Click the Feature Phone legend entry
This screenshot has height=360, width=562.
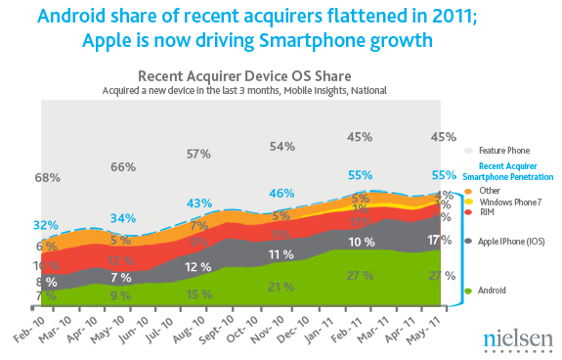click(x=503, y=151)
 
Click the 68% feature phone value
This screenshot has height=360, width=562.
click(x=47, y=178)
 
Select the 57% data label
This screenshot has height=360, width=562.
click(x=199, y=154)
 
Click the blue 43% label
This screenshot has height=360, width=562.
click(x=199, y=202)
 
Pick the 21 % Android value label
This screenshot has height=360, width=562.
click(x=281, y=287)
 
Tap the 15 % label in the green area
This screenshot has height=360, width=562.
click(x=199, y=294)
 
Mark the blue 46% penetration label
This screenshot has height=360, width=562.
click(x=281, y=193)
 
